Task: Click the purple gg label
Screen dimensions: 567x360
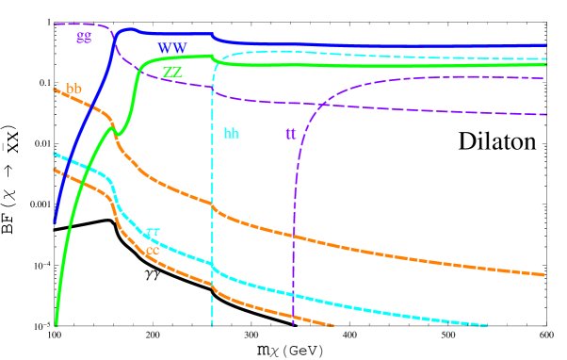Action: [85, 37]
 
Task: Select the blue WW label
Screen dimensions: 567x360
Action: [171, 47]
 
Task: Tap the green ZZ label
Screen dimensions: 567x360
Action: [172, 72]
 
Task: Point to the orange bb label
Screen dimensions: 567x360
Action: [74, 90]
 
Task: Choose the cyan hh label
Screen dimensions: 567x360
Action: [232, 134]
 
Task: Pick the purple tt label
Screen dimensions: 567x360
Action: [291, 134]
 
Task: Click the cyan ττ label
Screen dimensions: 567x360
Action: [154, 232]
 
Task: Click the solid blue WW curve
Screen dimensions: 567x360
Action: [377, 43]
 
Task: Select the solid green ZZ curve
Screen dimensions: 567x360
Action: [377, 65]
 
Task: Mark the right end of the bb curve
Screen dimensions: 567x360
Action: [544, 275]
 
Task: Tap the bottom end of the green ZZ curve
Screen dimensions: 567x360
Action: [57, 324]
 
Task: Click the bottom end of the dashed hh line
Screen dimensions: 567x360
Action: [213, 325]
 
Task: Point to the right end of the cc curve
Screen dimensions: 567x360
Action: [333, 326]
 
